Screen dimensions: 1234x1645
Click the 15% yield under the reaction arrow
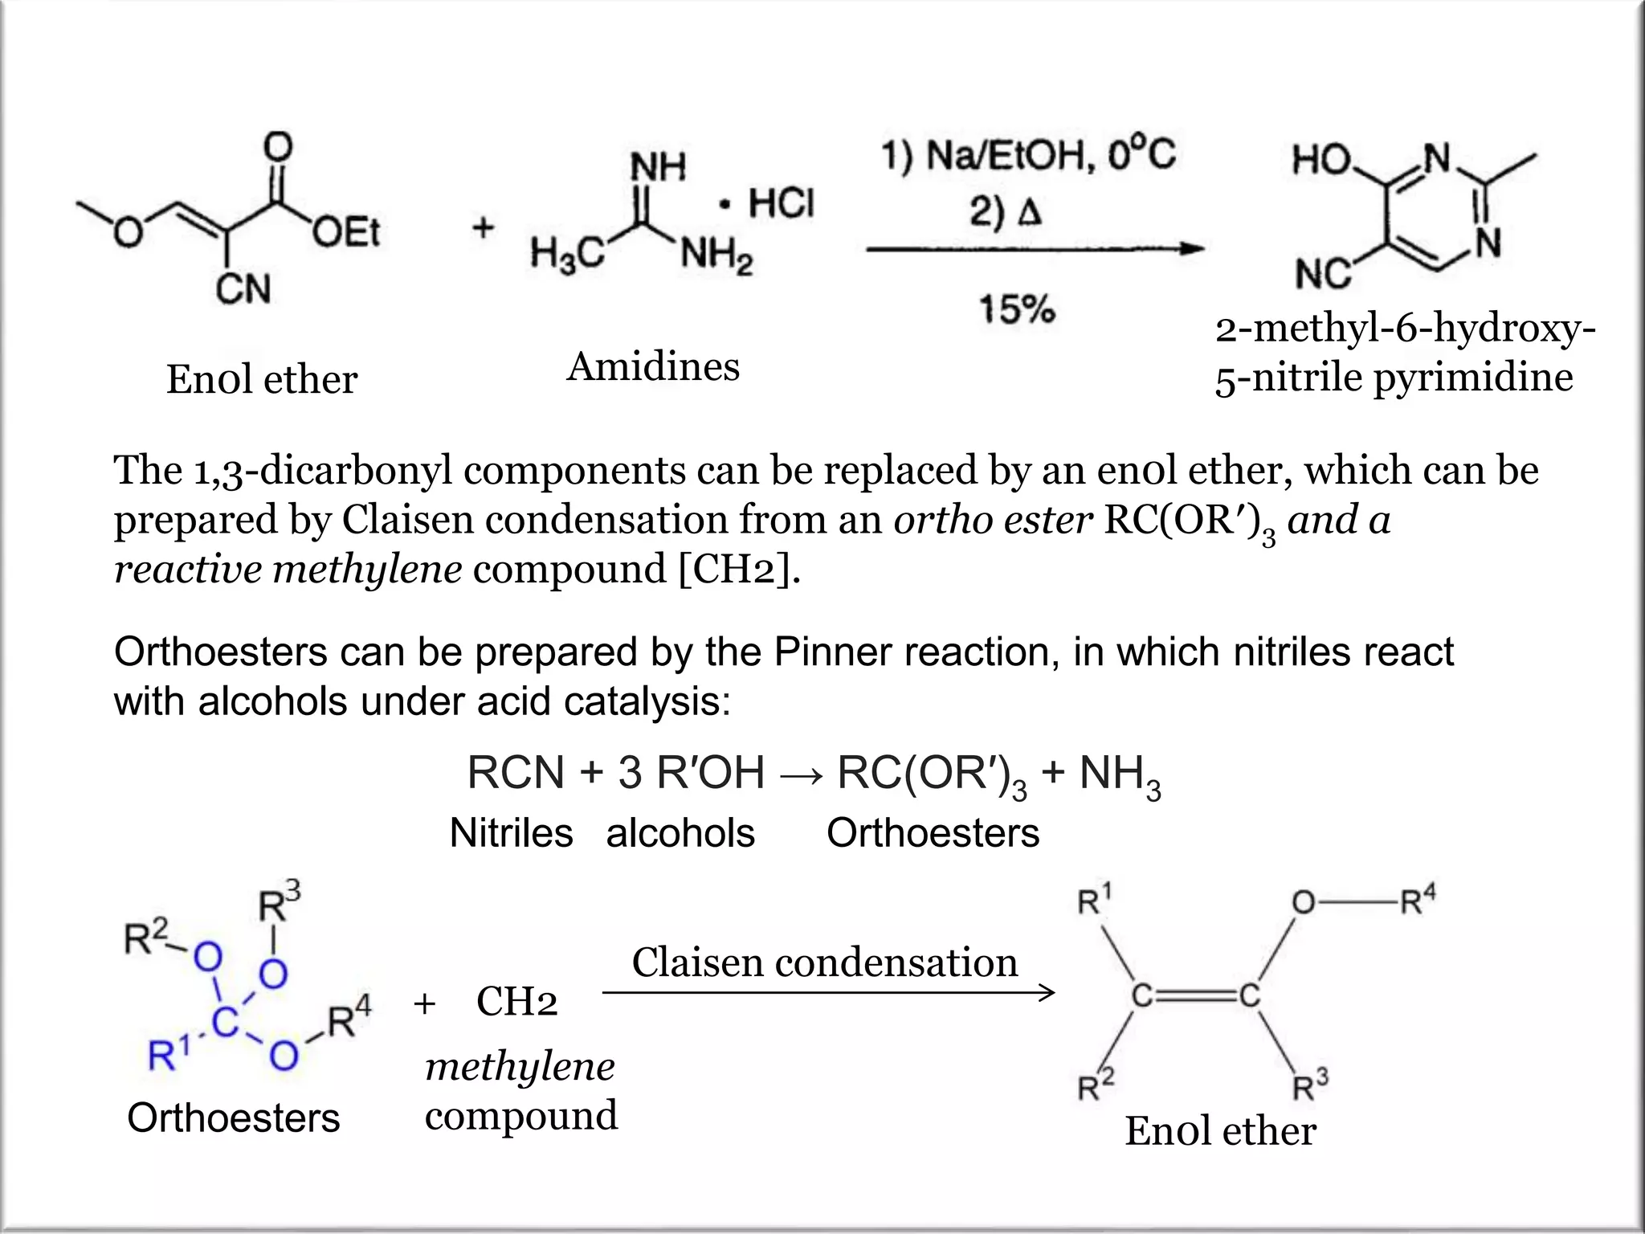click(x=1016, y=309)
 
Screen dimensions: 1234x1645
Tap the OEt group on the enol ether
click(x=346, y=233)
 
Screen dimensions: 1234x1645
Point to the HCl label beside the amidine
click(x=781, y=203)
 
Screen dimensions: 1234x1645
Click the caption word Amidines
click(x=653, y=367)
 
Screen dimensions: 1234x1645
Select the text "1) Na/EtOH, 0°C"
click(x=1029, y=155)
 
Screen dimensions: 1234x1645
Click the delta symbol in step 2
click(x=1029, y=213)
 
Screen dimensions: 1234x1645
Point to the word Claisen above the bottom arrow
click(x=696, y=962)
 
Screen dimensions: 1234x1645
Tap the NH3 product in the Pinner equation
click(x=1120, y=775)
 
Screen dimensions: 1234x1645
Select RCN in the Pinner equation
click(x=516, y=774)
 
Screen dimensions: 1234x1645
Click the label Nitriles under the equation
click(x=511, y=833)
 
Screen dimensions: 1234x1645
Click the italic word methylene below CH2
click(x=520, y=1067)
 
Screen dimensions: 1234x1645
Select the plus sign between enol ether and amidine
click(x=482, y=228)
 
